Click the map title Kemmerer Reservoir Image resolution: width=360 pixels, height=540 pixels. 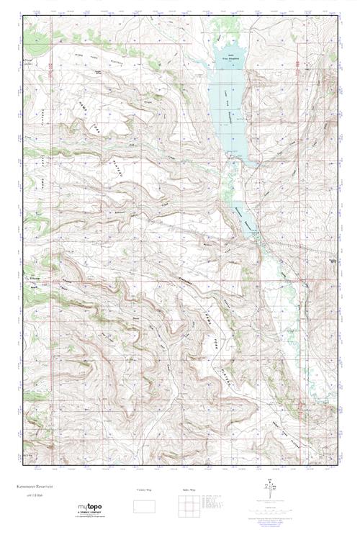[42, 485]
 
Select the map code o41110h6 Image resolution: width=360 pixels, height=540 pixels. [36, 495]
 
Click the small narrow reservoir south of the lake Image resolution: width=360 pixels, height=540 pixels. [243, 216]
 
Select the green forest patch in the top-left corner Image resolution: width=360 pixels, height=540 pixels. [36, 32]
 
